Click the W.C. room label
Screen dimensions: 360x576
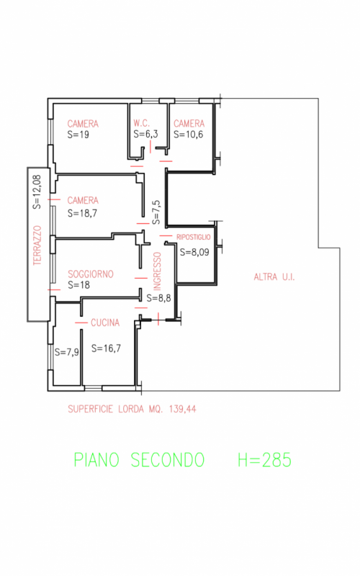(x=142, y=123)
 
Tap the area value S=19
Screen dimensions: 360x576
(x=78, y=135)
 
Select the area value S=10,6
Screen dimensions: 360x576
(x=189, y=135)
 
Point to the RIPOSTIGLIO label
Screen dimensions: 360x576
(x=194, y=238)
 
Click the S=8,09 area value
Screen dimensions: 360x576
(x=194, y=252)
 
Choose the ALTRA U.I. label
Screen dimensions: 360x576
(x=274, y=276)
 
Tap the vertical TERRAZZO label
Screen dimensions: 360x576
(x=37, y=246)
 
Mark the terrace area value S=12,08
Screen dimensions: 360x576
(x=37, y=192)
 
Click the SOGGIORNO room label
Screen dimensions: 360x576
(x=91, y=274)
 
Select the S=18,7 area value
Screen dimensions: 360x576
(x=82, y=213)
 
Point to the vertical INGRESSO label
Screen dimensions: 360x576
(x=157, y=271)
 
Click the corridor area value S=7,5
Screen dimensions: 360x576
(x=156, y=212)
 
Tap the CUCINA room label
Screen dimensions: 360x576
(x=105, y=323)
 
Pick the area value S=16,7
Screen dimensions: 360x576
(x=106, y=348)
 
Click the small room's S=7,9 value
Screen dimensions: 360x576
(x=66, y=352)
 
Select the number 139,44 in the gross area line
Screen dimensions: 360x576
(x=183, y=409)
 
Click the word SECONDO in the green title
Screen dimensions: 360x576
(x=168, y=460)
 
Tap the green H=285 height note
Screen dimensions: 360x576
(x=264, y=460)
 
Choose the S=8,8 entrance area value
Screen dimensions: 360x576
(x=158, y=298)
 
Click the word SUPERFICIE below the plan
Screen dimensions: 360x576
(x=91, y=409)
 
